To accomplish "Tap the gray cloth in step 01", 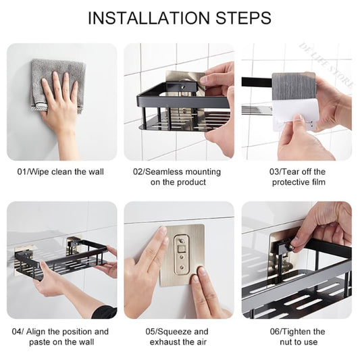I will [57, 80].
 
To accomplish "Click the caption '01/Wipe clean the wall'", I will [61, 172].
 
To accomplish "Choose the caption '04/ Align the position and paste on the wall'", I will [61, 336].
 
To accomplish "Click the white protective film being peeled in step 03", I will [296, 115].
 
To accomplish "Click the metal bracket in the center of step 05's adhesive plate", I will [181, 255].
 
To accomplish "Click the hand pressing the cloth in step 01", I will [61, 101].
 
